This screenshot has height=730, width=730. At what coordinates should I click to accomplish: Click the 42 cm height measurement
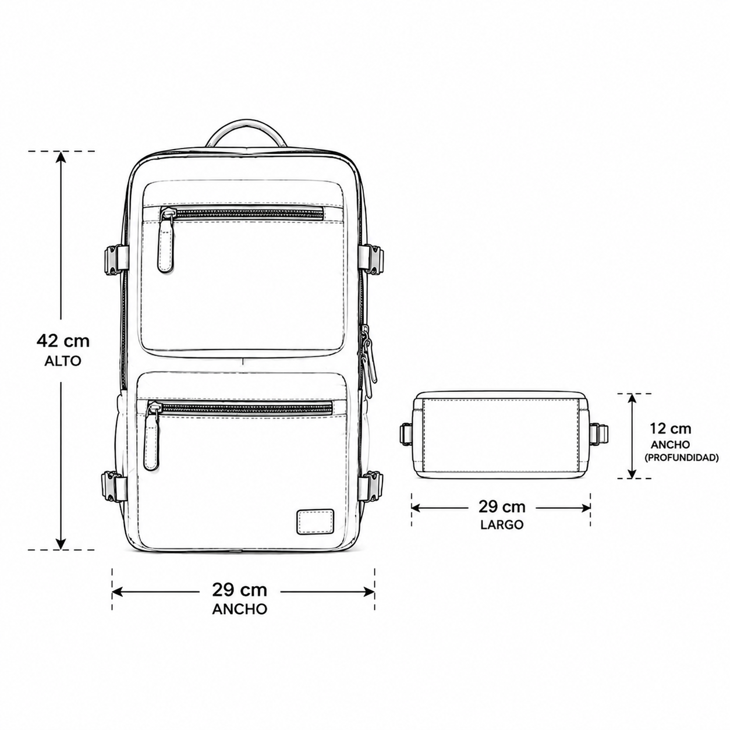point(63,341)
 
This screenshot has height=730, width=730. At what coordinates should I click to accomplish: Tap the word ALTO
point(63,361)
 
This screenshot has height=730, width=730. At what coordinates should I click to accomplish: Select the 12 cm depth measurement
point(671,428)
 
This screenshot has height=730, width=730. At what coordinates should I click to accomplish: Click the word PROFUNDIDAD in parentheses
point(682,458)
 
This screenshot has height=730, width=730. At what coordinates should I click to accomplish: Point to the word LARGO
point(502,525)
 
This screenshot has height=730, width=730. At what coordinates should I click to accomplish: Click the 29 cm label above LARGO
point(502,506)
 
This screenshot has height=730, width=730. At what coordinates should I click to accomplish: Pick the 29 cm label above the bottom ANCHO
point(239,590)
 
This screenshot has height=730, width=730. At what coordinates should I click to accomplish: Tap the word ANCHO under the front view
point(239,609)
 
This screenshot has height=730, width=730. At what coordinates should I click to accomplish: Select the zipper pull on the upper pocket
point(165,240)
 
